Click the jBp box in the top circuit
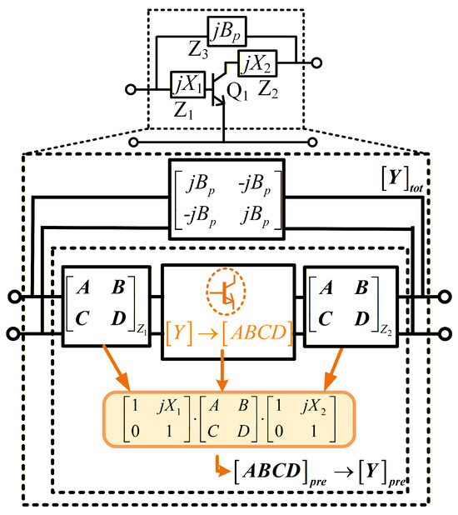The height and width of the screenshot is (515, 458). point(227,31)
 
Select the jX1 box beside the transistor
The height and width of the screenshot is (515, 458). point(188,84)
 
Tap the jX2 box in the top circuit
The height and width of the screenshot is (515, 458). point(257,63)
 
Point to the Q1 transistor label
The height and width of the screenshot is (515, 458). point(237,92)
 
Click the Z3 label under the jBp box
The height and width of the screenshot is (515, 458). point(198,51)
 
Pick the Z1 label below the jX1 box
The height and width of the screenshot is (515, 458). point(183,111)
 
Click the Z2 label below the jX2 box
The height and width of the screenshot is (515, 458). point(268,89)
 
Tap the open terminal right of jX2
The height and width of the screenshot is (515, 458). point(316,62)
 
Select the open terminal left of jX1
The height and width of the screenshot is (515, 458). point(131,89)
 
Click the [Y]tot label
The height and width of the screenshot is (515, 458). point(402,180)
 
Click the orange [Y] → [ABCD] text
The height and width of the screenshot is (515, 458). point(229,332)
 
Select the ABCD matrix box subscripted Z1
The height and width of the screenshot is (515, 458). point(107,306)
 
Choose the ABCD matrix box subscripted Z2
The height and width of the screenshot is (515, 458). point(351,306)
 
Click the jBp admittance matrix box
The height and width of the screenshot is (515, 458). point(227,199)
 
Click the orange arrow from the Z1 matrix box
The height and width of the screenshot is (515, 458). point(117,367)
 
